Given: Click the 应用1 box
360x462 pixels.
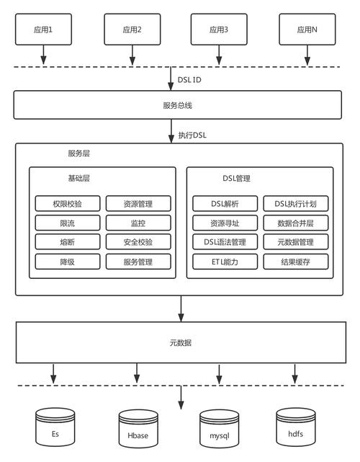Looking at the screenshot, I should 44,30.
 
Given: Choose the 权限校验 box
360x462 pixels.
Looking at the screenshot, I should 65,204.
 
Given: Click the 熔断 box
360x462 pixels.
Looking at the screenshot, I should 65,242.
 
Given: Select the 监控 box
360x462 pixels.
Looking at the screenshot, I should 138,223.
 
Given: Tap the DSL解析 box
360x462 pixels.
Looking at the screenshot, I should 225,204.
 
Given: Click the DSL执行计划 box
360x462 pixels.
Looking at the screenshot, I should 296,204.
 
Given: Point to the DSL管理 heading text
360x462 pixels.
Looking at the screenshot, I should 237,178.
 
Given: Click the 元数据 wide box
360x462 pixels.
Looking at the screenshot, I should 180,342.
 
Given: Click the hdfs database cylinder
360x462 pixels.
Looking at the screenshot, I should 295,427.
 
